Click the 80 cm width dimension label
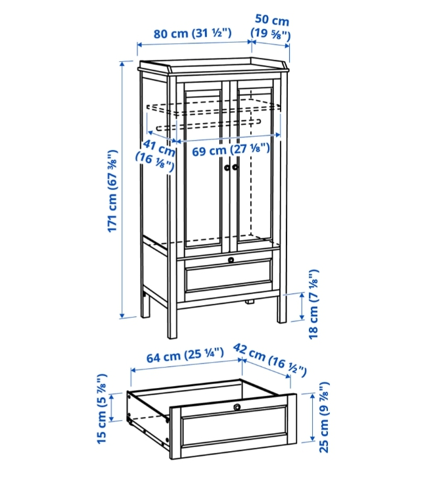(x=193, y=33)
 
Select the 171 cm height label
(x=112, y=191)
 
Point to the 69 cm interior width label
(x=231, y=150)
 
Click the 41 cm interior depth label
(x=155, y=155)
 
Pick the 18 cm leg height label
(x=313, y=304)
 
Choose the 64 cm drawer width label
(x=185, y=355)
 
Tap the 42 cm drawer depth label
(x=269, y=360)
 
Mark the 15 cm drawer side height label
(x=102, y=409)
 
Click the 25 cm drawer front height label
(x=324, y=418)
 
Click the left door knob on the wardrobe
(x=227, y=168)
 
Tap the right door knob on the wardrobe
(x=235, y=167)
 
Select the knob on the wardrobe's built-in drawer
(x=231, y=260)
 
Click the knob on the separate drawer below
(x=237, y=407)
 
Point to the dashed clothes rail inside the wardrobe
(x=208, y=124)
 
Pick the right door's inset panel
(x=255, y=164)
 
